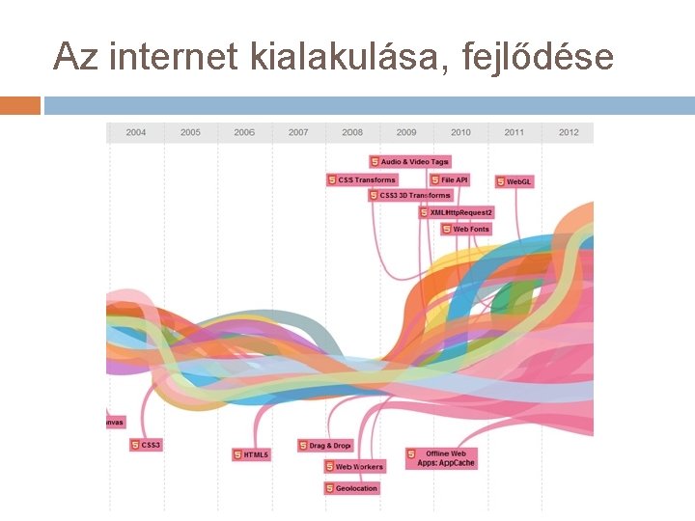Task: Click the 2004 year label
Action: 136,132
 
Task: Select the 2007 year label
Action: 298,132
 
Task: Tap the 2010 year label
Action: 460,132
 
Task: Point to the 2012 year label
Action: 569,132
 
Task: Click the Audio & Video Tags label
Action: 410,161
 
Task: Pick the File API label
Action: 450,179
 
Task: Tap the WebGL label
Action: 514,181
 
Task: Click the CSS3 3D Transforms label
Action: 410,195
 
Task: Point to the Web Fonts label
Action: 466,230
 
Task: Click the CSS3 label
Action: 147,445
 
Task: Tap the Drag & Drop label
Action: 325,446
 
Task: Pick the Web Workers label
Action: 354,467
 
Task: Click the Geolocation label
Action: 351,488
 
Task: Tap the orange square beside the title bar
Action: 20,105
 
